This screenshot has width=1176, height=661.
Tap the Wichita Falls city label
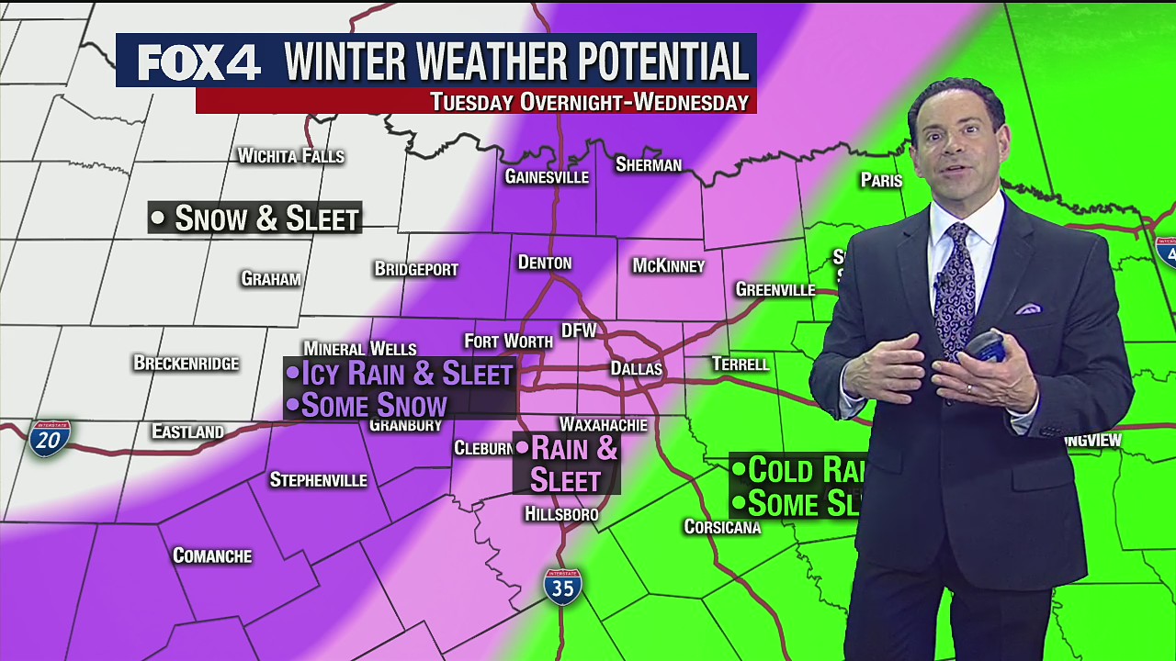coord(290,156)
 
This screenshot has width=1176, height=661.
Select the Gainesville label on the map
coord(547,176)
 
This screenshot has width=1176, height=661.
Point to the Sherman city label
coord(649,165)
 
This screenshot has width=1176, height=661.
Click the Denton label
coord(545,263)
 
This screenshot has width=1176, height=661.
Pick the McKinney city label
coord(668,266)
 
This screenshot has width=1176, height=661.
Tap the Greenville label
coord(775,290)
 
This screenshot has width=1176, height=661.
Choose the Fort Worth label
coord(508,342)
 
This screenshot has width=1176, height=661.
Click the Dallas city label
coord(637,368)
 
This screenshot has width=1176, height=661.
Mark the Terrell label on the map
coord(741,364)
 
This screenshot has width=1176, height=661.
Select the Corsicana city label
coord(722,527)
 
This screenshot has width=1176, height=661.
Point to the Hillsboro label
coord(561,514)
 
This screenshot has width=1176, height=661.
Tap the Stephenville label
coord(318,480)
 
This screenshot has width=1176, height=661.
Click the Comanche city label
coord(212,555)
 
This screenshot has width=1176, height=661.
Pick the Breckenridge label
coord(187,363)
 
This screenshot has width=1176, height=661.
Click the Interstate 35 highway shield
coord(562,587)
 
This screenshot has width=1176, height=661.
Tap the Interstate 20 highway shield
coord(49,439)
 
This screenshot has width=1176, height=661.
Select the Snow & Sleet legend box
coord(254,218)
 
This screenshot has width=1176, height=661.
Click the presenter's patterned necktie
coord(955,285)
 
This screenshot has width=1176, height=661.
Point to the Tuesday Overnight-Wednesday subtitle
coord(589,102)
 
